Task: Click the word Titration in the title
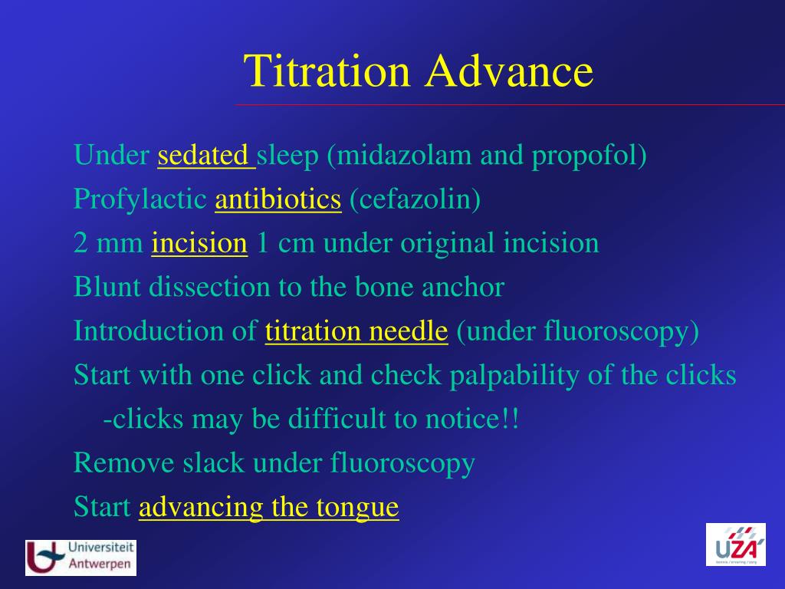(x=327, y=71)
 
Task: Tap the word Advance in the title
(x=510, y=71)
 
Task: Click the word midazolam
(x=404, y=155)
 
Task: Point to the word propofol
(x=583, y=156)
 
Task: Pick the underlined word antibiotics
(x=278, y=199)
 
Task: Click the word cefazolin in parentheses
(x=415, y=199)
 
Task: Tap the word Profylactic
(x=140, y=200)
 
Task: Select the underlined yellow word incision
(x=200, y=243)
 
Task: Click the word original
(x=448, y=244)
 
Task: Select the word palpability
(x=514, y=376)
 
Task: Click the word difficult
(x=337, y=419)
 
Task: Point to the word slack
(x=213, y=462)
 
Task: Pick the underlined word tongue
(x=357, y=508)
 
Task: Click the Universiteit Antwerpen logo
(x=80, y=558)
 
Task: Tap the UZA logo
(x=736, y=545)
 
